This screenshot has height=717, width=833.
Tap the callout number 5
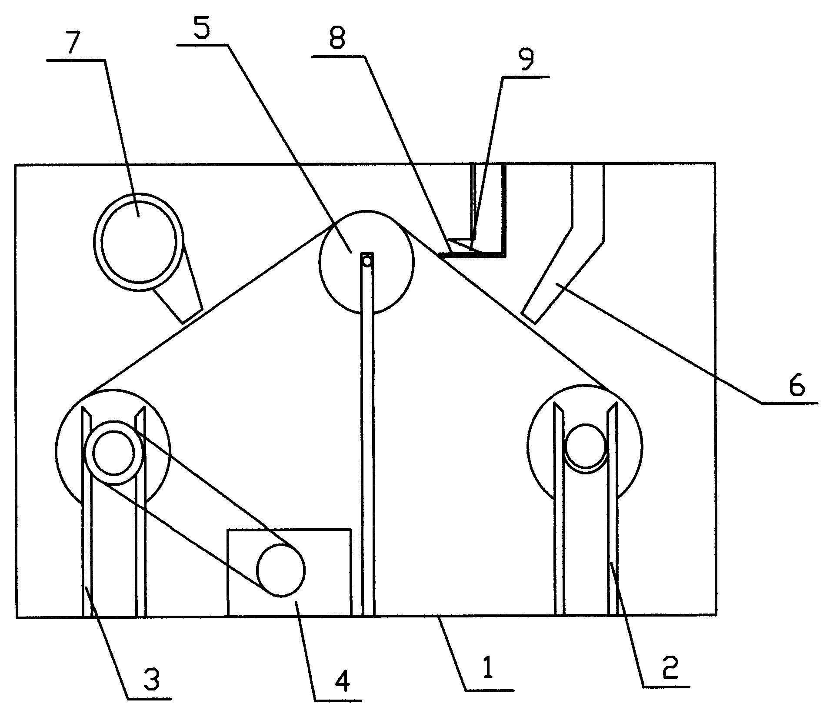[201, 27]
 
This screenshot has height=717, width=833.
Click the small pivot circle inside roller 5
[367, 261]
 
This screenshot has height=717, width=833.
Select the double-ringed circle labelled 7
[139, 242]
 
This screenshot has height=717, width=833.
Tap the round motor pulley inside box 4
[281, 570]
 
